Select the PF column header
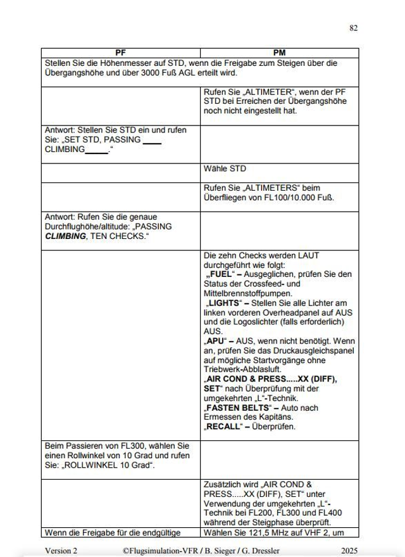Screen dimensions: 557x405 tap(120, 53)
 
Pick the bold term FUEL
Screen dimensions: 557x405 tap(219, 274)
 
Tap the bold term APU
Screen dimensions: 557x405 tap(216, 340)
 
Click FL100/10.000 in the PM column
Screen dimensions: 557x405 tap(285, 197)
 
